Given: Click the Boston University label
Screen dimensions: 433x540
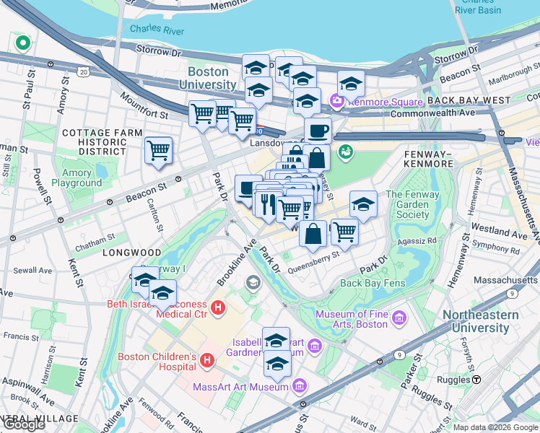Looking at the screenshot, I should pos(208,78).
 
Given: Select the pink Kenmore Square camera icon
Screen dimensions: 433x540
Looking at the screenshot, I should pos(336,100).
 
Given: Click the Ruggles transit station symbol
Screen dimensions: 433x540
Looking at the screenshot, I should pos(476,380).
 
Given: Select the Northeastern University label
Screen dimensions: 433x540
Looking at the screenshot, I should pos(480,321).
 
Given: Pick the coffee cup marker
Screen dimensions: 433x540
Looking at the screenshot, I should pos(318,131).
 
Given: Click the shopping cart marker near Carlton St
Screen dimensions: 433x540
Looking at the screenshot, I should pos(158,150).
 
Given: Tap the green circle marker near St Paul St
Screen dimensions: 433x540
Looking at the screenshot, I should pos(22,43).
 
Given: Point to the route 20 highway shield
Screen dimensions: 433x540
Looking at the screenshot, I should pos(84,71).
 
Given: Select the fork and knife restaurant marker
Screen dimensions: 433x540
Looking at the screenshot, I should pos(268,203).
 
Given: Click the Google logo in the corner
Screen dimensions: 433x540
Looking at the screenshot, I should pos(24,425).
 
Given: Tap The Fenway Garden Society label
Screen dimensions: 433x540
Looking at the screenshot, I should pos(412,205).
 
